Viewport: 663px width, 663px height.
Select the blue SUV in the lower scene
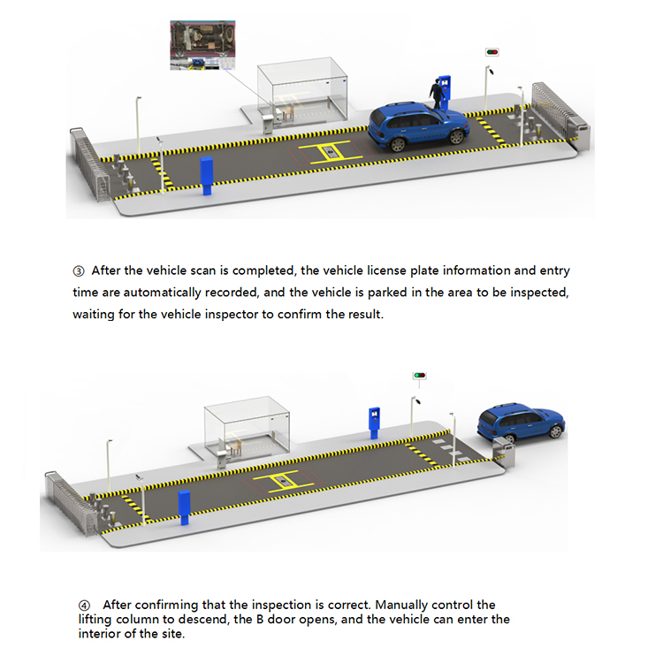[x=521, y=423]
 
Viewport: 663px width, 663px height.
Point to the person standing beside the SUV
[x=436, y=94]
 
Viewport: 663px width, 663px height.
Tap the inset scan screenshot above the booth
[x=202, y=47]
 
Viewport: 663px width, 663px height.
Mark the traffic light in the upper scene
[x=492, y=52]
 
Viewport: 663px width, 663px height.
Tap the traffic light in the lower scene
[x=419, y=375]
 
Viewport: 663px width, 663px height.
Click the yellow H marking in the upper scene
[x=328, y=154]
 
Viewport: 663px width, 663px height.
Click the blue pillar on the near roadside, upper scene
[x=207, y=176]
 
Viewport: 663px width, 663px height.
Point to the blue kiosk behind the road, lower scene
[x=374, y=421]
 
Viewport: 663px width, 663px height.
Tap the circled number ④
[x=85, y=605]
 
